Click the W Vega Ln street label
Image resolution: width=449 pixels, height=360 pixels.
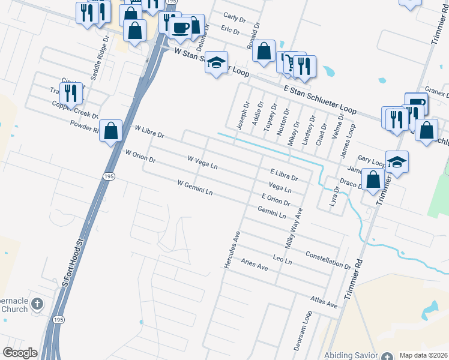(202, 163)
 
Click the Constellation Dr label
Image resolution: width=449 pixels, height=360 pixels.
(328, 260)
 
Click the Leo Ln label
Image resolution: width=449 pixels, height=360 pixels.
(282, 260)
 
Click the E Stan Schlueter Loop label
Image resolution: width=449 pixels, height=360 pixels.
(319, 100)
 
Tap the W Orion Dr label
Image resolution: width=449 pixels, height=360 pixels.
(140, 156)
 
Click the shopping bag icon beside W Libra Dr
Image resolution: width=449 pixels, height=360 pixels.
(111, 131)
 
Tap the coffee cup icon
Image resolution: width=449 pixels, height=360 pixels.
(180, 27)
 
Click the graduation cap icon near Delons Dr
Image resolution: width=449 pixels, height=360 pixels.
(216, 62)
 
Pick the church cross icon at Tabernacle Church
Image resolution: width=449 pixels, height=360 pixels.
(37, 304)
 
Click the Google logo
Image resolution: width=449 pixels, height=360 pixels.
(20, 353)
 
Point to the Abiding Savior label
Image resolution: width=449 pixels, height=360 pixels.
(351, 356)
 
